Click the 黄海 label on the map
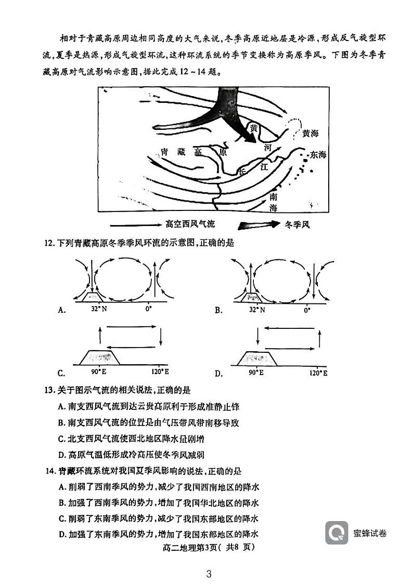point(310,134)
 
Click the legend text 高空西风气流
point(189,224)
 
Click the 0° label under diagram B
point(307,310)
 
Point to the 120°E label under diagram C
point(160,373)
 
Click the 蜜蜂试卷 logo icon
point(337,533)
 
